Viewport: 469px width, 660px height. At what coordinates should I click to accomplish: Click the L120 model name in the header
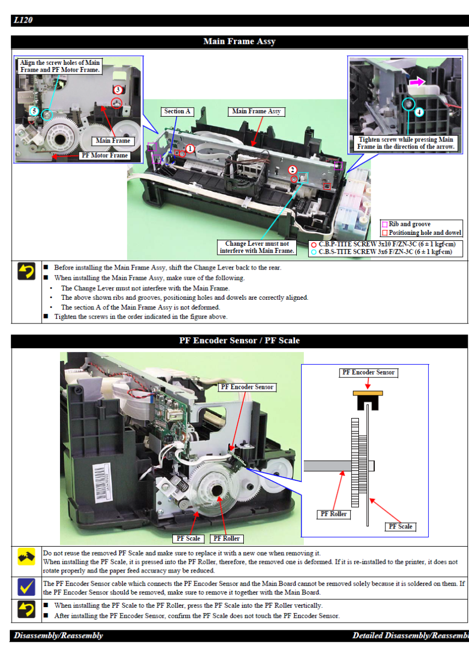[23, 20]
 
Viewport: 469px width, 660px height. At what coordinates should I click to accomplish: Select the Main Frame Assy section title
[239, 41]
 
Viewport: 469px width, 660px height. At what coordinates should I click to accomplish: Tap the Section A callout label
[177, 111]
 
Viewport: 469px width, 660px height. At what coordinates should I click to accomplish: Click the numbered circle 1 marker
[190, 149]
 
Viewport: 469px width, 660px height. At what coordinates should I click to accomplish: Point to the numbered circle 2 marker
[292, 170]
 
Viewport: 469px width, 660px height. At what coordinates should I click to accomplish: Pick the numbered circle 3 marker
[118, 90]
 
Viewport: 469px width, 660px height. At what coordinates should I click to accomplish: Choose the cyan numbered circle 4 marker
[419, 112]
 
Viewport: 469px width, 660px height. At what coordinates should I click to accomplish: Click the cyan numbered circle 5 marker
[34, 111]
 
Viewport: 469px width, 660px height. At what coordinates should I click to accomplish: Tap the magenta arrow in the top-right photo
[417, 81]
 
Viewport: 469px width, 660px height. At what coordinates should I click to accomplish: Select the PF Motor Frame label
[105, 155]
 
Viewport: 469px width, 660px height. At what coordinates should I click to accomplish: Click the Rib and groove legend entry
[406, 224]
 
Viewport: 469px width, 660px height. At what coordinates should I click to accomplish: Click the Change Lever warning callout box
[257, 247]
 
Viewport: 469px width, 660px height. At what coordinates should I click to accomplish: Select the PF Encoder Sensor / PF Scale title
[239, 340]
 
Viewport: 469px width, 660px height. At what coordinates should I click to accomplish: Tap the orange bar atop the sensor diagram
[368, 393]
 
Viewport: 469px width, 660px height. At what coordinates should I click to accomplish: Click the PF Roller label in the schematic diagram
[334, 514]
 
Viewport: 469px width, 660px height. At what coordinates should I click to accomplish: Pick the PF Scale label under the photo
[188, 538]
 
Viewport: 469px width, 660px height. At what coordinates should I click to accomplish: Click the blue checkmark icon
[26, 587]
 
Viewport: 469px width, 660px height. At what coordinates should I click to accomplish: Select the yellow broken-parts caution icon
[26, 557]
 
